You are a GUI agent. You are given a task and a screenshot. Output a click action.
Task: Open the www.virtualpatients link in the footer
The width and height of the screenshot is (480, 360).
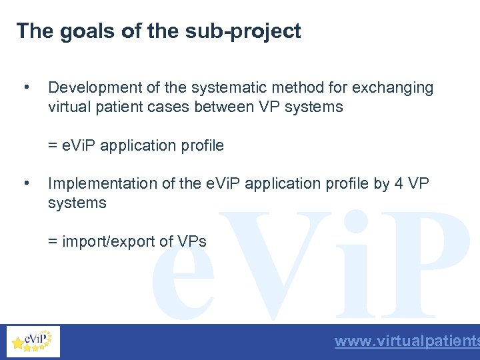407,342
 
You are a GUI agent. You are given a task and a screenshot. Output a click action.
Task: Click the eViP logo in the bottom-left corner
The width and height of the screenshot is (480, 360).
33,342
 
